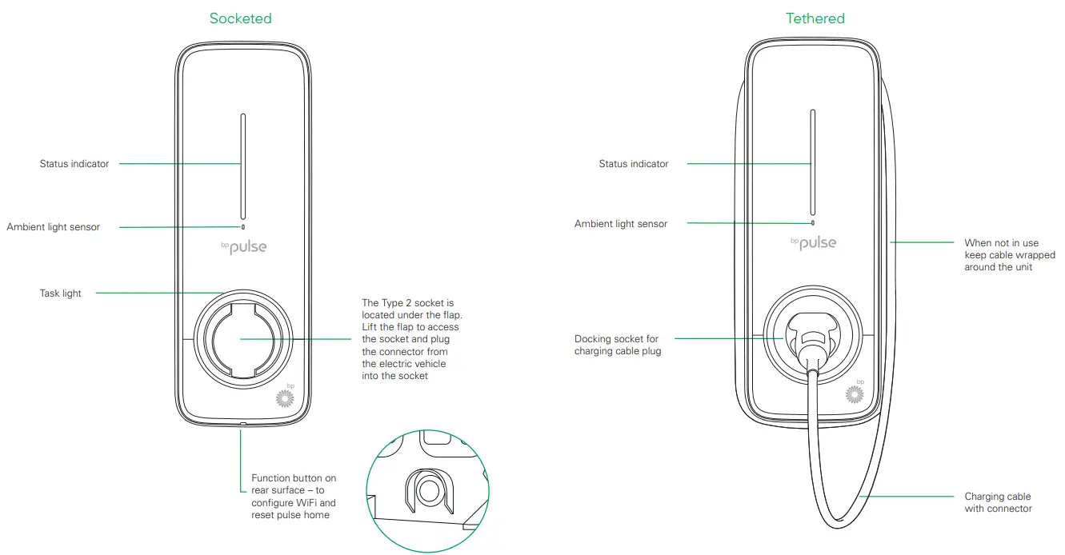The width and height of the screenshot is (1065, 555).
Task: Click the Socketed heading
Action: coord(240,18)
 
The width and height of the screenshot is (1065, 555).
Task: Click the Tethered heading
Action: coord(815,18)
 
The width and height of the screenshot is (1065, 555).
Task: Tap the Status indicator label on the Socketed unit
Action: coord(74,164)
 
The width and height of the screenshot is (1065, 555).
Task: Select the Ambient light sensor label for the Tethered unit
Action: coord(620,224)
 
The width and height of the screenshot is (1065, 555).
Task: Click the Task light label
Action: coord(61,293)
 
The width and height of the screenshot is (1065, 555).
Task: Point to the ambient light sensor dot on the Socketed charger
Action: coord(243,226)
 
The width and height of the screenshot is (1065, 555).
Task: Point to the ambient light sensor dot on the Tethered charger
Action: coord(813,223)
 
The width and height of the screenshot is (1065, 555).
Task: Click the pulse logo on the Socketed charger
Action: coord(243,247)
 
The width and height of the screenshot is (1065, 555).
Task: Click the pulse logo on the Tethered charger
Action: coord(813,242)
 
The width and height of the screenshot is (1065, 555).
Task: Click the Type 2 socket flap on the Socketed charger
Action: coord(242,338)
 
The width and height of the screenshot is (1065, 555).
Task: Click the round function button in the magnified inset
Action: coord(427,490)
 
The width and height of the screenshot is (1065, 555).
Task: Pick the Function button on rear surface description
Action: coord(294,497)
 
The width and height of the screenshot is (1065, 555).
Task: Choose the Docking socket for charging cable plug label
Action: coord(617,345)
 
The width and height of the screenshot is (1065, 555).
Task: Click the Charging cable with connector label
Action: coord(997,502)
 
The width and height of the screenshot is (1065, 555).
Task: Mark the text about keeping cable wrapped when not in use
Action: coord(1009,254)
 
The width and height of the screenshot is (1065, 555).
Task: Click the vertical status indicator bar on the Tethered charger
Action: coord(813,164)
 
